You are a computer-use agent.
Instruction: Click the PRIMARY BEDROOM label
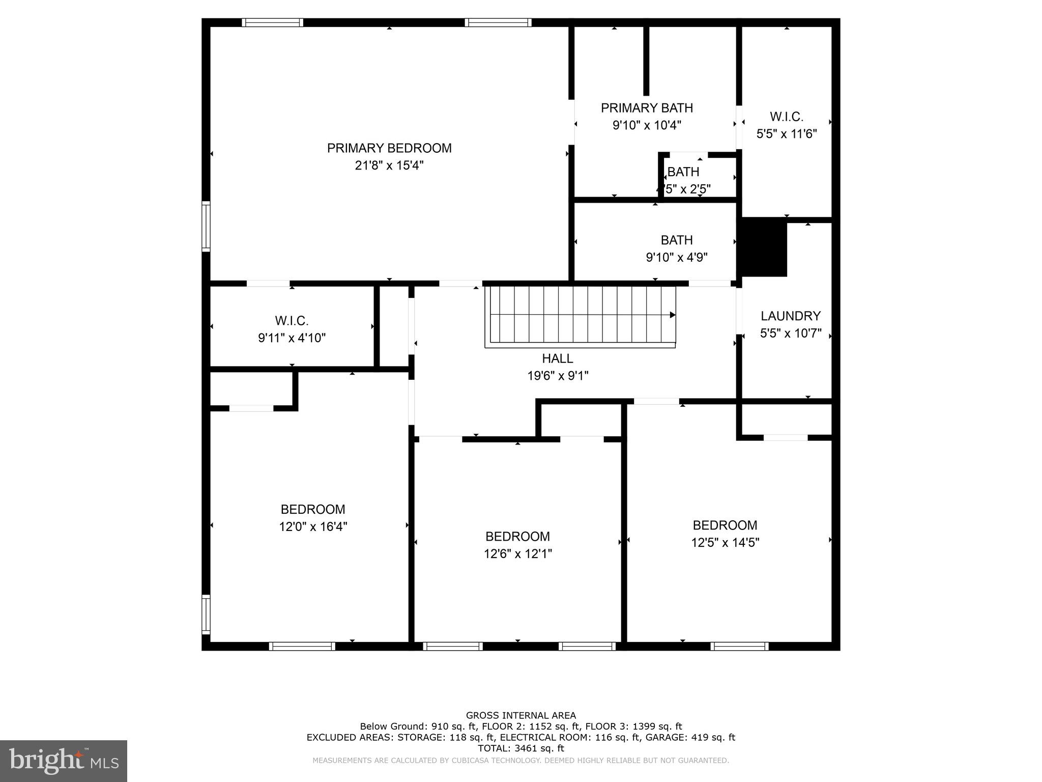(x=389, y=148)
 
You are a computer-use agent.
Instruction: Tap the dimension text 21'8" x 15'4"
(x=389, y=165)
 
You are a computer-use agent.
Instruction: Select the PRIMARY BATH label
(x=647, y=108)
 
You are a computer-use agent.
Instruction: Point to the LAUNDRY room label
(x=791, y=316)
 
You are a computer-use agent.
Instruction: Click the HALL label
(x=558, y=358)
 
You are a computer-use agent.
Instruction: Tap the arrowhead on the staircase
(x=672, y=315)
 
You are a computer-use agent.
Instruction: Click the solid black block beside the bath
(x=764, y=247)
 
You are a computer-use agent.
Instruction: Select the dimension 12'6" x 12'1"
(x=517, y=553)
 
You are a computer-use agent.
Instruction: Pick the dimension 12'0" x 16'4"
(x=313, y=526)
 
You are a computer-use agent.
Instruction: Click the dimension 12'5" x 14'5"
(x=725, y=542)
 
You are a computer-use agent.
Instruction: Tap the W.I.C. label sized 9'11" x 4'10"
(x=292, y=321)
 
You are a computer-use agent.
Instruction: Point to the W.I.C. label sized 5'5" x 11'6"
(x=787, y=117)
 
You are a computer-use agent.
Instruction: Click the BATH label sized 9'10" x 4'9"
(x=677, y=240)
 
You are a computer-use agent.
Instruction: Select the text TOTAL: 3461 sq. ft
(x=520, y=748)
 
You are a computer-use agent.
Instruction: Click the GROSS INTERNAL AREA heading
(x=520, y=715)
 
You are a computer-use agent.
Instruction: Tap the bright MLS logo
(x=63, y=761)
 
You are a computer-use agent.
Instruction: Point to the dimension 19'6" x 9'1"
(x=558, y=376)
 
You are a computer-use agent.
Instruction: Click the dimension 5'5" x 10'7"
(x=791, y=333)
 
